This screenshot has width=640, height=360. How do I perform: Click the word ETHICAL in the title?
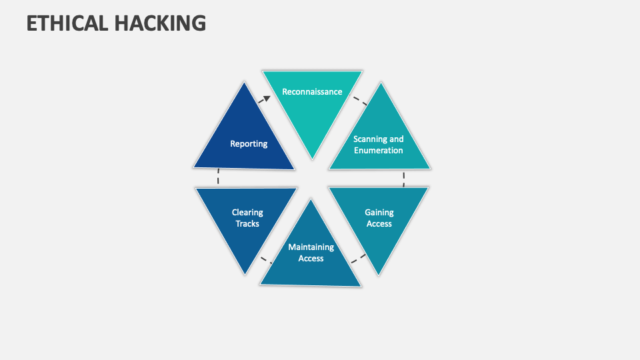[x=67, y=23]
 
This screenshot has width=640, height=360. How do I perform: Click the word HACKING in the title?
[x=161, y=23]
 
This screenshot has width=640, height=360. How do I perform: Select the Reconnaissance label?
[x=312, y=92]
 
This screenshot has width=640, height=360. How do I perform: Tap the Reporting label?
[x=249, y=144]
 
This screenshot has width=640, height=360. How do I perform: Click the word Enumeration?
[x=379, y=151]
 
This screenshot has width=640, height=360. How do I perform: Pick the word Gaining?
[x=379, y=213]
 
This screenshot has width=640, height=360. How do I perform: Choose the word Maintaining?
[x=311, y=247]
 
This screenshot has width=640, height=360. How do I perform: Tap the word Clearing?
[x=247, y=213]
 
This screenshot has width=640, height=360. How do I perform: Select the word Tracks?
[x=247, y=224]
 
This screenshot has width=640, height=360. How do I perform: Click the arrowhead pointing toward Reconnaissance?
[x=266, y=99]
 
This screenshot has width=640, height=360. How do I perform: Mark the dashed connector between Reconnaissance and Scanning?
[x=359, y=101]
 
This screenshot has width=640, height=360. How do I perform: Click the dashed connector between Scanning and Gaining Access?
[x=404, y=179]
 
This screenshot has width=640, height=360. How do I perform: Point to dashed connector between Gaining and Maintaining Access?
[x=359, y=259]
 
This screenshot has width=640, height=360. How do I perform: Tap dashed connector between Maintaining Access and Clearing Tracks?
[x=266, y=260]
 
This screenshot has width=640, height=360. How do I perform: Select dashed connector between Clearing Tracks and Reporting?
[x=219, y=176]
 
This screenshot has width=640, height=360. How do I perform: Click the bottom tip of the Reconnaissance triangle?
[x=312, y=159]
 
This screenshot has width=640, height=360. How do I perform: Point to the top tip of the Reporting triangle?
[x=245, y=83]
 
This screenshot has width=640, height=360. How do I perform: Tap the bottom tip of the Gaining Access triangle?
[x=379, y=275]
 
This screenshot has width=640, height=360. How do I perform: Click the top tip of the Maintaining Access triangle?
[x=311, y=199]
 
